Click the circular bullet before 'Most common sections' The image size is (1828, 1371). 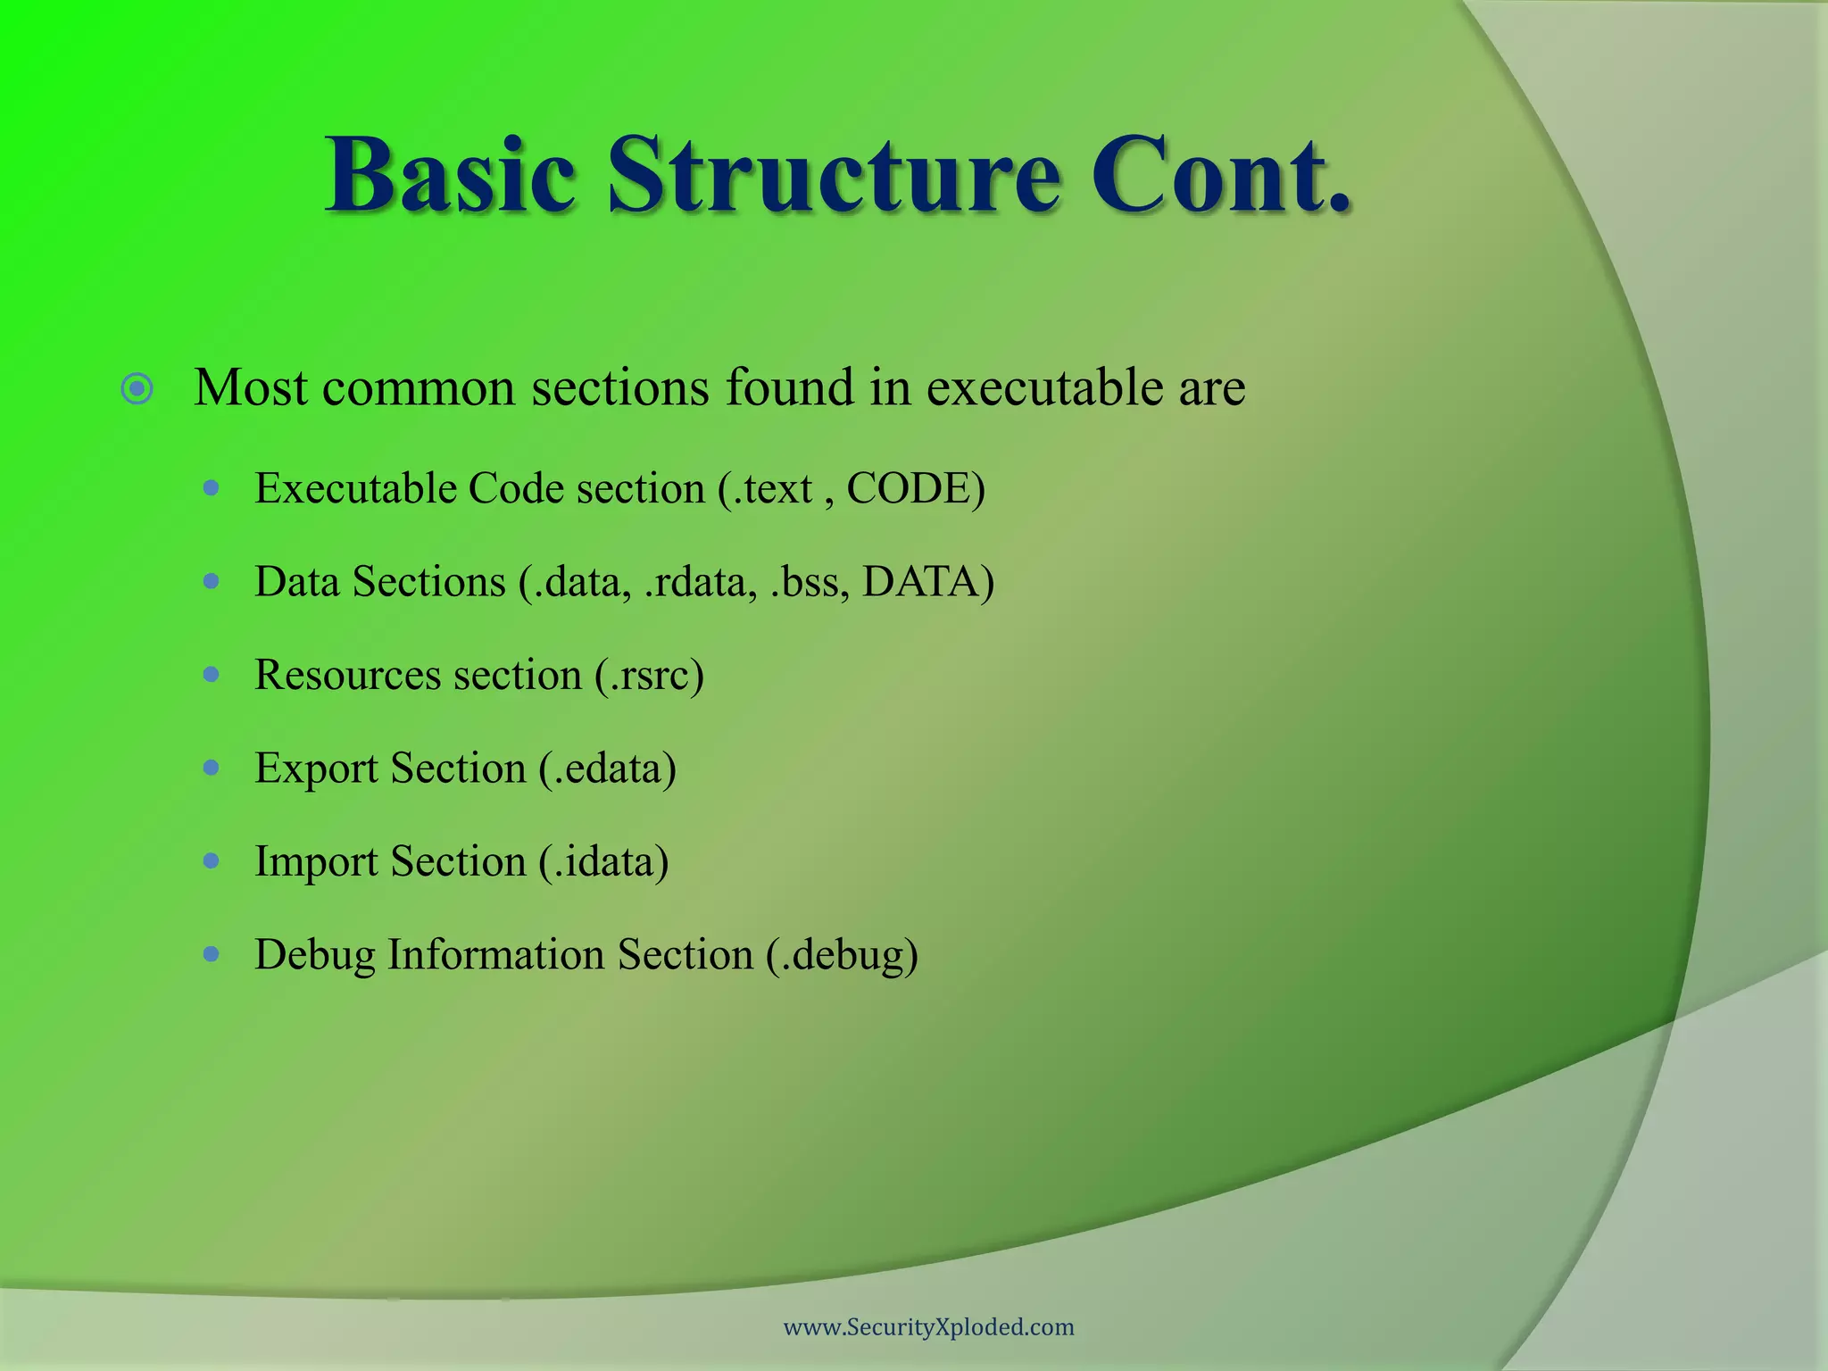click(137, 389)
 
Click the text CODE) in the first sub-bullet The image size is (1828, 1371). click(916, 489)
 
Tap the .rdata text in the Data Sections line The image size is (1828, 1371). click(700, 582)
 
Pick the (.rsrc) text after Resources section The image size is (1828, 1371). click(650, 676)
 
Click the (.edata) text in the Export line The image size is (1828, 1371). click(608, 769)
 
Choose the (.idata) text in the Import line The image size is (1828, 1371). click(604, 862)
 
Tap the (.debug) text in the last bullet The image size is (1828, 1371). click(842, 955)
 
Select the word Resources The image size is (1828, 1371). click(348, 676)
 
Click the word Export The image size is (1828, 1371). click(316, 769)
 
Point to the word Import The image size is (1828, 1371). click(316, 862)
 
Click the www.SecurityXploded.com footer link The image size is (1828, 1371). click(928, 1327)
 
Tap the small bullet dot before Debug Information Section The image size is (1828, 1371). click(212, 954)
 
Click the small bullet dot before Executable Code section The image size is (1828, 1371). click(212, 488)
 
